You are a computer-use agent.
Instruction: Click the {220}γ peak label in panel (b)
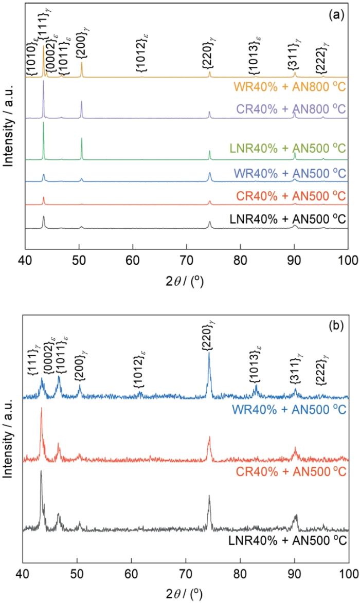pyautogui.click(x=209, y=337)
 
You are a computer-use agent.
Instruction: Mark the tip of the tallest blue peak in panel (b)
pyautogui.click(x=209, y=352)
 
